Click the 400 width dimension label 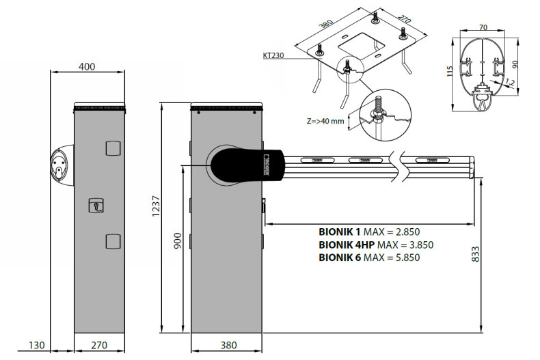pos(87,66)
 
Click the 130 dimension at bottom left pos(37,346)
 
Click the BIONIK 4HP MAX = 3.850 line pos(375,245)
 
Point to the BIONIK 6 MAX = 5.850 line pos(369,258)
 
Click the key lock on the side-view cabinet pos(98,205)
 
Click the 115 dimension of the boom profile pos(449,71)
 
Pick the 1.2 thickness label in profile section pos(509,82)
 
